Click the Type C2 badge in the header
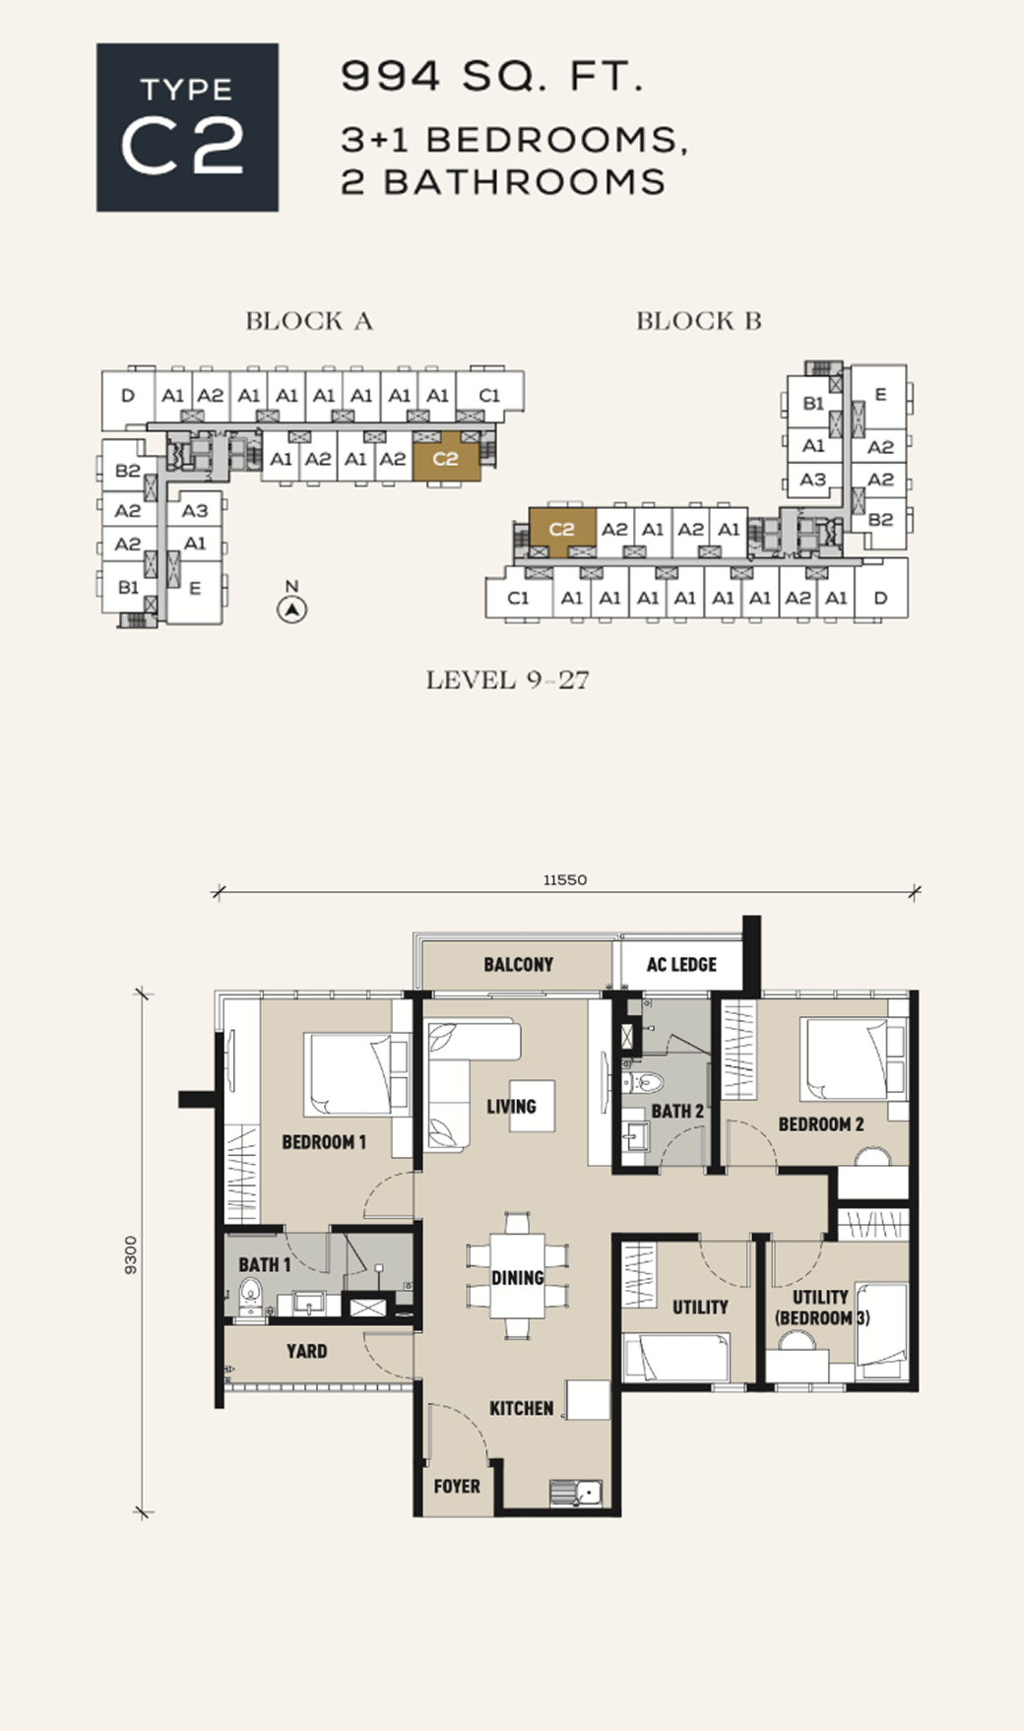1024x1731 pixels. coord(187,127)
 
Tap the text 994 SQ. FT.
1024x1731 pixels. coord(492,76)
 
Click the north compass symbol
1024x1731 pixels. coord(291,609)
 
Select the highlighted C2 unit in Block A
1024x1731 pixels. coord(446,459)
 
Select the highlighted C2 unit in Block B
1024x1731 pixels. coord(562,529)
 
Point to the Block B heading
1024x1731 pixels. coord(698,321)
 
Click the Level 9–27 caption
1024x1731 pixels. coord(507,680)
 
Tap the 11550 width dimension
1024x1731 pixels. coord(565,880)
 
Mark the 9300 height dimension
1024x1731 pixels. coord(131,1254)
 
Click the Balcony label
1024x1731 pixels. coord(518,965)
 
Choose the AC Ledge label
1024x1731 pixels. coord(681,965)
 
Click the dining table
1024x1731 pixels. coord(518,1276)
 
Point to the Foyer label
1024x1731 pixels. coord(457,1486)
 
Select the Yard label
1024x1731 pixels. coord(306,1351)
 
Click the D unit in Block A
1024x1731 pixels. coord(128,396)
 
